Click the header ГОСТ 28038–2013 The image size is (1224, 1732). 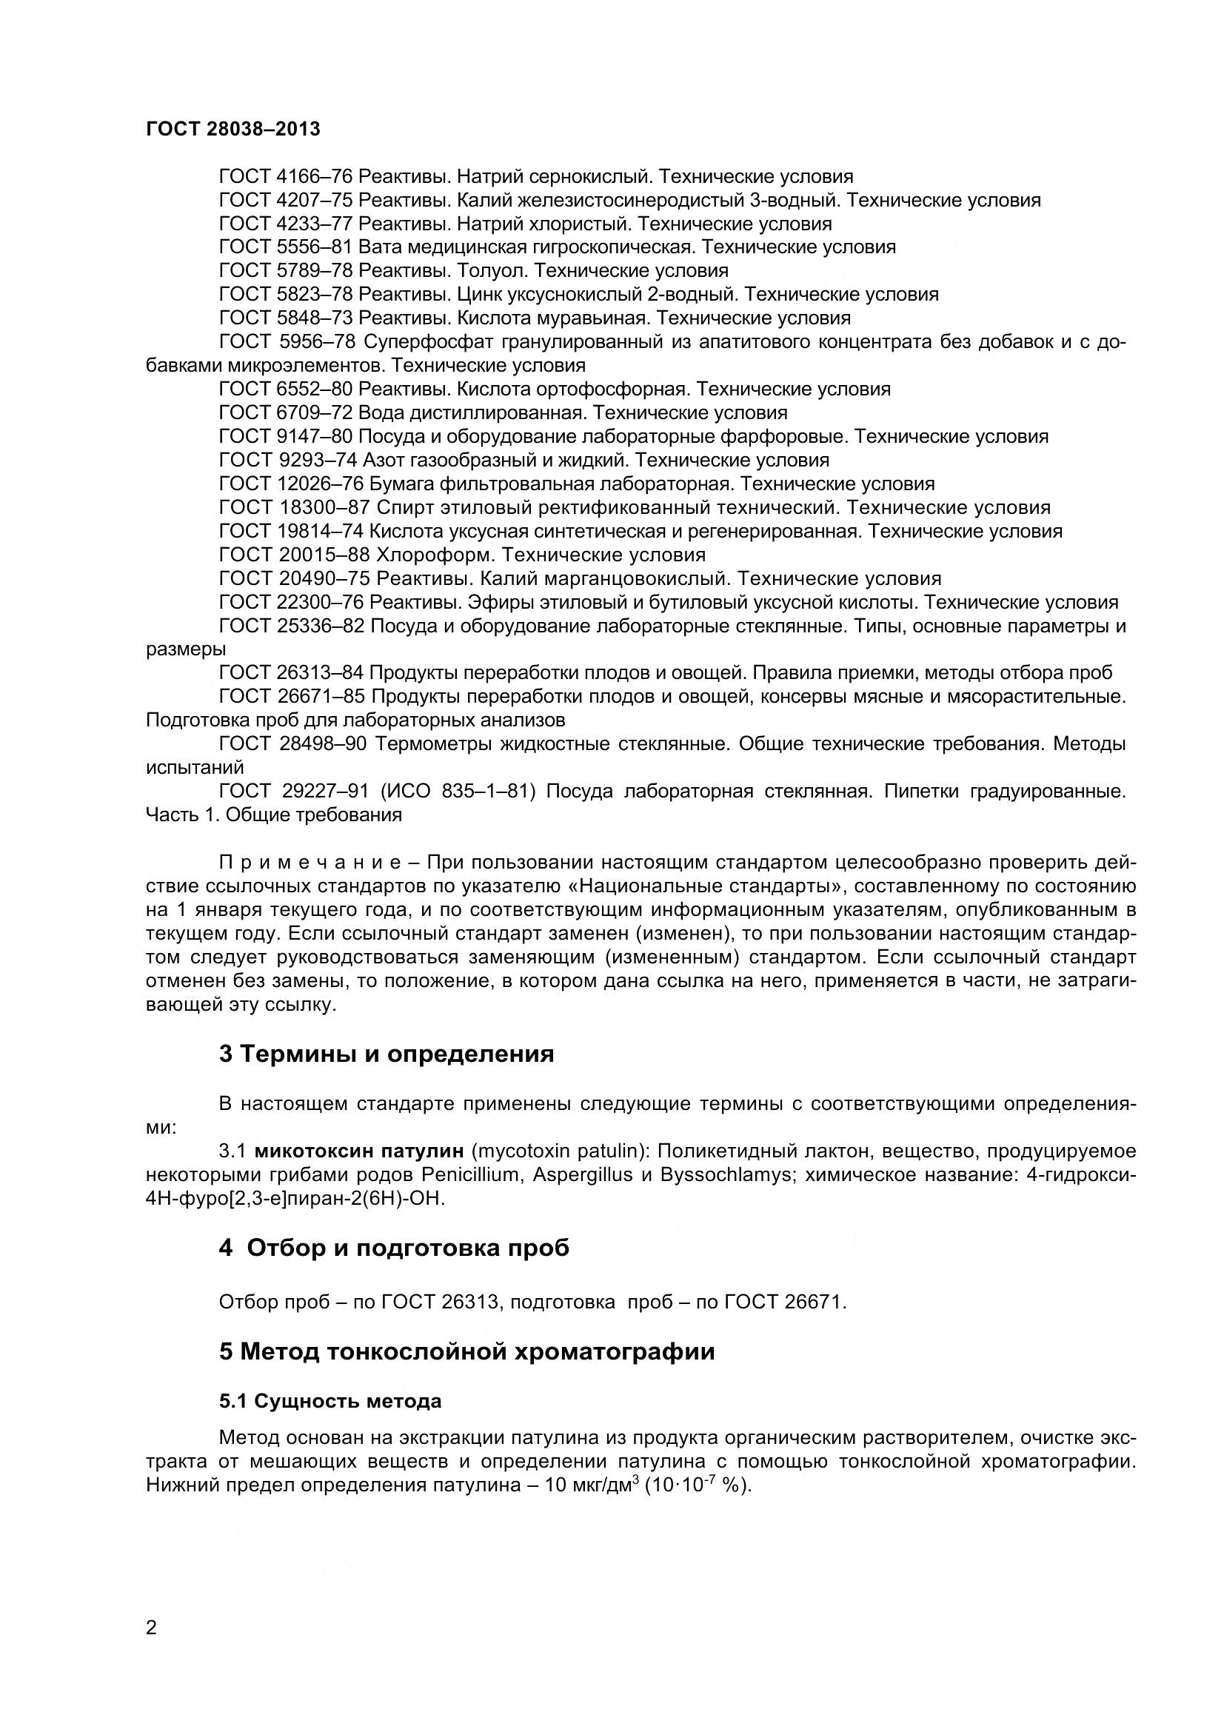point(233,129)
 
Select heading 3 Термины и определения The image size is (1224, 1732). point(386,1053)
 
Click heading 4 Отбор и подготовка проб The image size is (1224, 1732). point(394,1248)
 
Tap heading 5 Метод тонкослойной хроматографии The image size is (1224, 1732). point(466,1351)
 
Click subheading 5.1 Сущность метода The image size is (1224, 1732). point(330,1401)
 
